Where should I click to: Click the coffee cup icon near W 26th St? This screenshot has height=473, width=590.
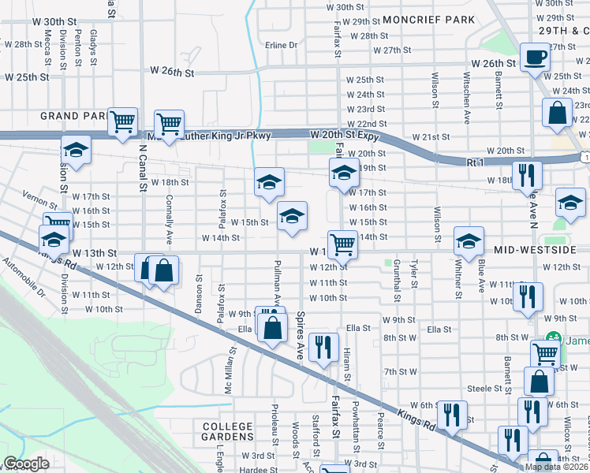point(536,58)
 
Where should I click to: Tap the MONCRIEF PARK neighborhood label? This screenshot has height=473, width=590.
point(429,19)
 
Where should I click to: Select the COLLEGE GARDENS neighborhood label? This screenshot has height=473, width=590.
point(228,431)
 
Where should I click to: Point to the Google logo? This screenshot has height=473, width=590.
point(26,464)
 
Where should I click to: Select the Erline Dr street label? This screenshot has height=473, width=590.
point(281,45)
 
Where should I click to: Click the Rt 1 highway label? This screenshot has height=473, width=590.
point(473,162)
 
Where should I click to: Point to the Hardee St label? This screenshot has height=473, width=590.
point(255,469)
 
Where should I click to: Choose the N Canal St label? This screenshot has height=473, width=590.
point(143,168)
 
